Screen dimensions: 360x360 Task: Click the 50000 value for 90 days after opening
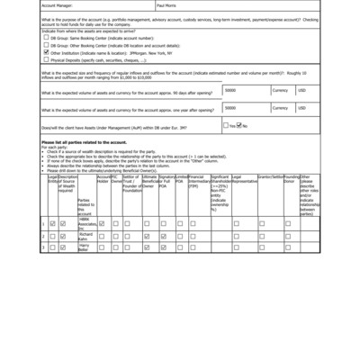[x=231, y=91]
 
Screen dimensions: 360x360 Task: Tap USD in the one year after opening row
[x=301, y=108]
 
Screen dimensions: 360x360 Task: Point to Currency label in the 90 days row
[x=281, y=91]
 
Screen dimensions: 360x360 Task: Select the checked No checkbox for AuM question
[x=238, y=126]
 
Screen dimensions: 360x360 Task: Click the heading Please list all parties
[x=85, y=142]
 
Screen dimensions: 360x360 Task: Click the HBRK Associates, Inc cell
[x=86, y=222]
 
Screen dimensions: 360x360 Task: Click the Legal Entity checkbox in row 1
[x=52, y=223]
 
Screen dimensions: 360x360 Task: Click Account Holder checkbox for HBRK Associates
[x=102, y=223]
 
